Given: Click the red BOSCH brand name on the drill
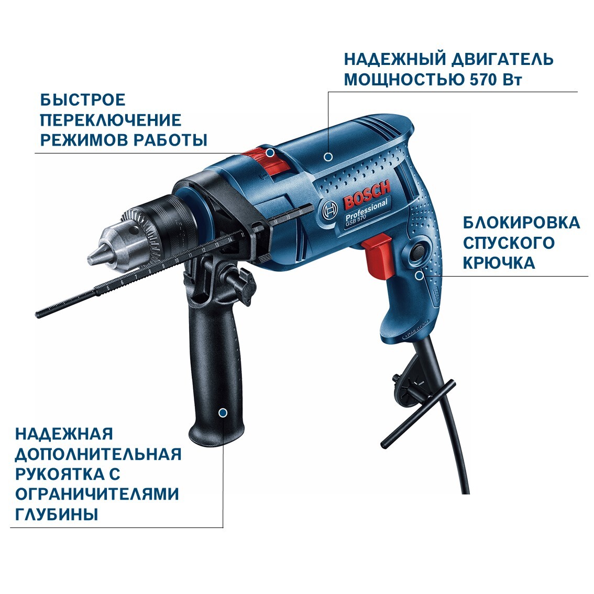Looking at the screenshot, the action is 367,195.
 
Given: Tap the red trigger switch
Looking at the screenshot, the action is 377,254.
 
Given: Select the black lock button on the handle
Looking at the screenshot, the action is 419,251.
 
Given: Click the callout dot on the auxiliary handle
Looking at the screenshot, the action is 223,413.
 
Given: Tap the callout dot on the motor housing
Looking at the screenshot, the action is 328,156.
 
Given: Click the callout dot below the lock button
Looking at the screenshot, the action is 419,276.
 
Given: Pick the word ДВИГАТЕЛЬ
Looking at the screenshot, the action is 502,60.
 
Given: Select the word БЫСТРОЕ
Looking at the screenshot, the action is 83,100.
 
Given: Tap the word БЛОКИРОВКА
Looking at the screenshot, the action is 521,223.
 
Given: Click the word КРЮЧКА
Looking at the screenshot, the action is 499,263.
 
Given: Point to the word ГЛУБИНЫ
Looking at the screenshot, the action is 57,514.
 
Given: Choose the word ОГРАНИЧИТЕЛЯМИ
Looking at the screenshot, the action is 97,494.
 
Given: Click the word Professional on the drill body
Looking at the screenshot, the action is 366,210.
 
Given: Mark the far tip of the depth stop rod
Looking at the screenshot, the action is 37,314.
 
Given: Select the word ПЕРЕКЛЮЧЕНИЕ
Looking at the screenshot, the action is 111,120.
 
